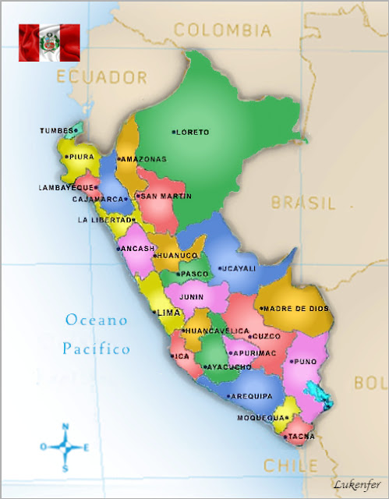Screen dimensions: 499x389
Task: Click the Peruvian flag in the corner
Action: pos(49,42)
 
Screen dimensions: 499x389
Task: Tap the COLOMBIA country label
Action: pos(222,30)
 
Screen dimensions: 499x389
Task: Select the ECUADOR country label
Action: pos(101,77)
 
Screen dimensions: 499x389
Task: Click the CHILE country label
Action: pos(290,465)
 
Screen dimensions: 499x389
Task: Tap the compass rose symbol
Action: pos(65,448)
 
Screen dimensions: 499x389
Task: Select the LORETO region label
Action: pos(193,133)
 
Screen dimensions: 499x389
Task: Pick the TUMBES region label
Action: pos(58,131)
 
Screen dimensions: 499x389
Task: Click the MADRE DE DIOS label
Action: pos(296,309)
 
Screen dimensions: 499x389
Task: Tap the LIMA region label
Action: pos(169,313)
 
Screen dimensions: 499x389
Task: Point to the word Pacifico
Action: pos(97,349)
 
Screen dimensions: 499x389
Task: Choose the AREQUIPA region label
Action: pos(252,396)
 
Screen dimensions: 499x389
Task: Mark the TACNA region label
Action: pos(301,436)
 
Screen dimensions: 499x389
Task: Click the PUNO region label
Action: pos(302,362)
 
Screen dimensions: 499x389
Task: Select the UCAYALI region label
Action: pos(239,268)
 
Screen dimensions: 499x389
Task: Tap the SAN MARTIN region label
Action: pos(165,196)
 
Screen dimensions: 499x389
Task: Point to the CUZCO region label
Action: pos(266,336)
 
